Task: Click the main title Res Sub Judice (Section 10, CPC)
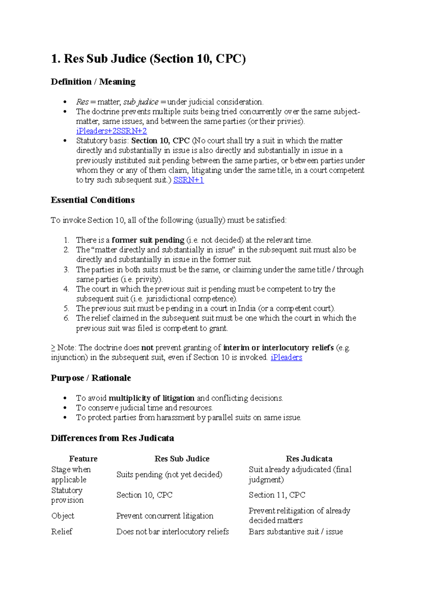[x=148, y=59]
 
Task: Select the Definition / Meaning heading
[x=93, y=82]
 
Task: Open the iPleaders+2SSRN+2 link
[x=111, y=131]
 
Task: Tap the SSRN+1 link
[x=188, y=180]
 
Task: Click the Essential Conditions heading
[x=93, y=200]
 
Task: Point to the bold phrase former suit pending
[x=148, y=240]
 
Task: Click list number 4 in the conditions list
[x=66, y=289]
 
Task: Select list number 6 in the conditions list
[x=66, y=318]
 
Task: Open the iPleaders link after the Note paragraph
[x=286, y=357]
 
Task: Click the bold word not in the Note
[x=147, y=348]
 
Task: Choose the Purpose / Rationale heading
[x=91, y=378]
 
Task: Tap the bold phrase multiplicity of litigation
[x=152, y=398]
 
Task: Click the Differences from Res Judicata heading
[x=112, y=438]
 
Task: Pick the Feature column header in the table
[x=83, y=459]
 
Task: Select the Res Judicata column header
[x=309, y=459]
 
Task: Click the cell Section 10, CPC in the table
[x=144, y=495]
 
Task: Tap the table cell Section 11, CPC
[x=277, y=495]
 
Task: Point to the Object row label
[x=63, y=516]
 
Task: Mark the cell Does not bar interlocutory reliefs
[x=172, y=531]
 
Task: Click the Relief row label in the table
[x=62, y=531]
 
